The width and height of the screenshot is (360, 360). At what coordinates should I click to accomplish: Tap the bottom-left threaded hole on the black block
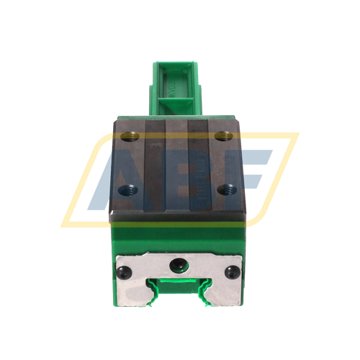(x=127, y=189)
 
